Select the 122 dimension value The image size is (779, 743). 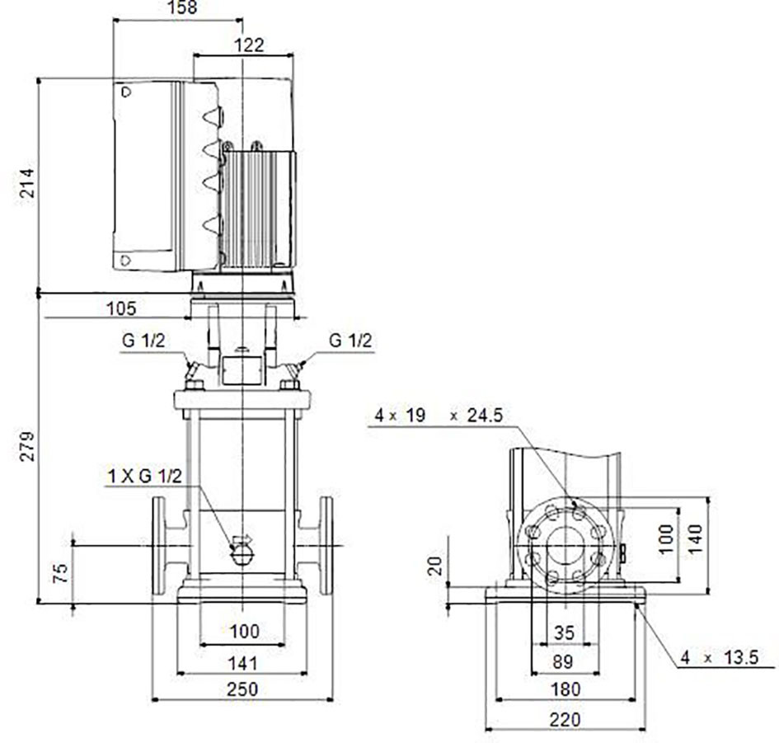click(x=248, y=45)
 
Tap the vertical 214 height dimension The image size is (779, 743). click(x=28, y=183)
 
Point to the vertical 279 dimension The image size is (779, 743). click(x=28, y=446)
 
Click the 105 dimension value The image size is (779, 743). click(x=121, y=308)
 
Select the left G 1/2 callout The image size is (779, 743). click(x=143, y=341)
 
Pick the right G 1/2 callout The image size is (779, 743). click(x=350, y=341)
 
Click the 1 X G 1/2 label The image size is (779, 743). click(x=145, y=476)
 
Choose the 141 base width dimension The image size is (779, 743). click(x=242, y=663)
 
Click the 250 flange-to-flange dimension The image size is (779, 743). click(x=242, y=689)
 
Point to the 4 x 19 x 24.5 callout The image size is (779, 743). click(x=439, y=415)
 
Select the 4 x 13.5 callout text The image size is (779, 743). click(x=720, y=658)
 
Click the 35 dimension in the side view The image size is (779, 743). click(x=564, y=632)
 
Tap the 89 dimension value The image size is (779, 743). click(x=562, y=661)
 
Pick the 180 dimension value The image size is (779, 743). click(x=565, y=689)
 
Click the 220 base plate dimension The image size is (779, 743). click(x=565, y=719)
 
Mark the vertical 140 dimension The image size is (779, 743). click(x=696, y=538)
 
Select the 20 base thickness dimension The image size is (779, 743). click(x=435, y=566)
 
